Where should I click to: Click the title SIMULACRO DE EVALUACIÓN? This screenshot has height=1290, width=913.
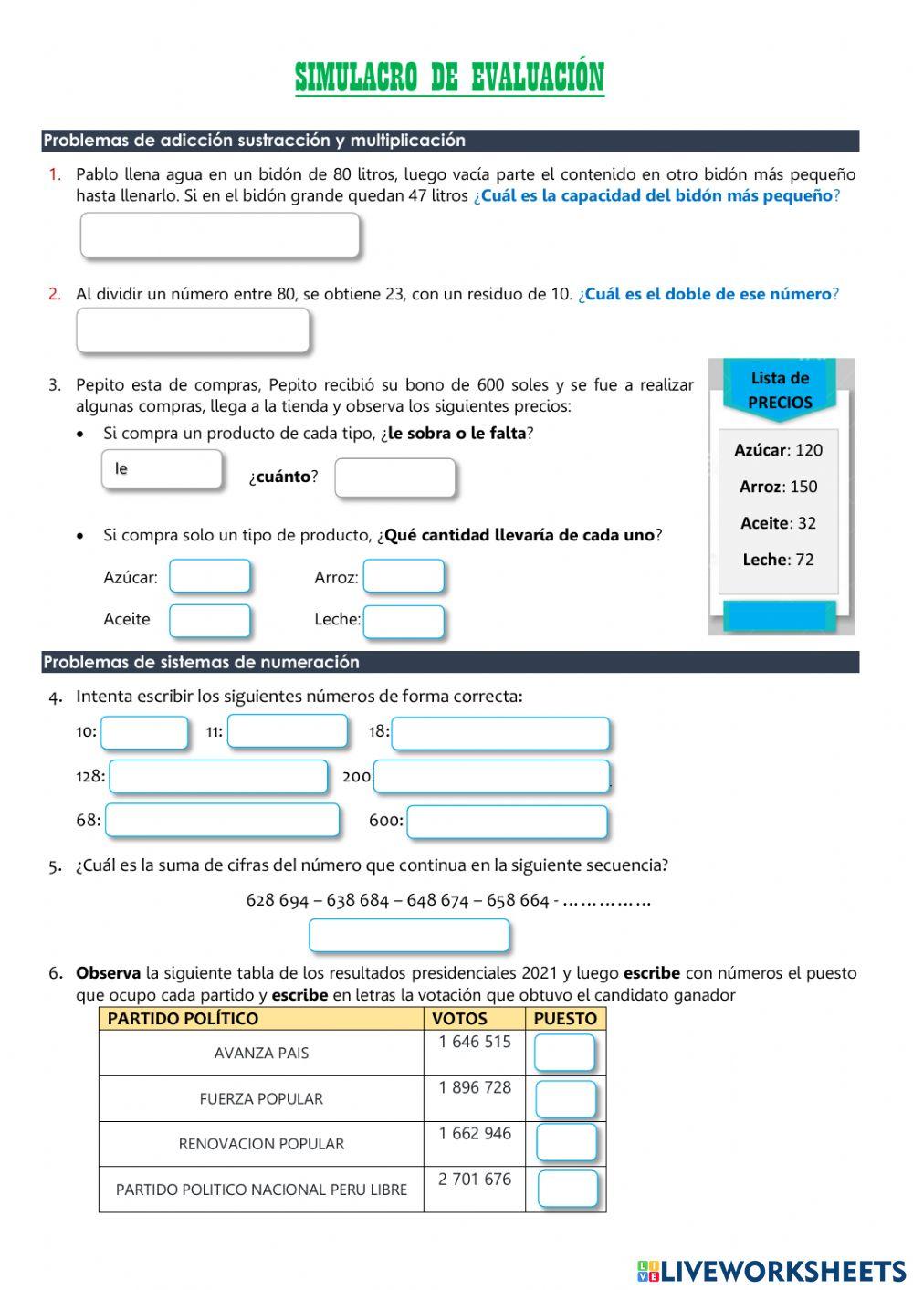[x=449, y=79]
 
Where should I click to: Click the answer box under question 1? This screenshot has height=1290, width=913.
[x=220, y=236]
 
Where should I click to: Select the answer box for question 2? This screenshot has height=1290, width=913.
[x=193, y=330]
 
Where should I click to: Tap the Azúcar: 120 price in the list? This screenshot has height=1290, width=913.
[x=778, y=450]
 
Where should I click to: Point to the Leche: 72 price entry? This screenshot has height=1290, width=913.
[x=778, y=560]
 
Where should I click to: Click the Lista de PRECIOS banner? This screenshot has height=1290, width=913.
[x=780, y=391]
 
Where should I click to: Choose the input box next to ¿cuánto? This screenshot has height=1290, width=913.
[x=394, y=478]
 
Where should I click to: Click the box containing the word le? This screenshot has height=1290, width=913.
[x=162, y=470]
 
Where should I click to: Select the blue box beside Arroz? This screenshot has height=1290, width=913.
[x=404, y=577]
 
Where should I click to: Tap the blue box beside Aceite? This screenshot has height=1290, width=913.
[x=209, y=621]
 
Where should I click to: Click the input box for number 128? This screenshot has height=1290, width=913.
[x=218, y=777]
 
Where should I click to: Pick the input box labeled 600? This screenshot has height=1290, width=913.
[x=507, y=822]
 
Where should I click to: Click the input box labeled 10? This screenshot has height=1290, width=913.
[x=144, y=733]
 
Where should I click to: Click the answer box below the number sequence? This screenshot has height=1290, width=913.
[x=409, y=936]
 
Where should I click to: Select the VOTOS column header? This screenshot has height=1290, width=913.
[x=459, y=1019]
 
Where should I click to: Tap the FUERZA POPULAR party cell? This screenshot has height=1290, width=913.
[x=261, y=1099]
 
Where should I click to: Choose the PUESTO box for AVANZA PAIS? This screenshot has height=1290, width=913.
[x=564, y=1053]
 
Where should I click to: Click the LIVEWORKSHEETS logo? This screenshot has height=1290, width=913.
[x=771, y=1271]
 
